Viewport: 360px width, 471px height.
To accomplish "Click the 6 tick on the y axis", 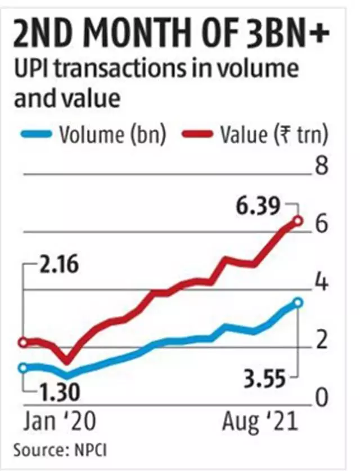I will tap(321, 225).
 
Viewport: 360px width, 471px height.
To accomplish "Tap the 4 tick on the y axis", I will tap(321, 283).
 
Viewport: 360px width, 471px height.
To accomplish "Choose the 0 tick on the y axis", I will tap(321, 397).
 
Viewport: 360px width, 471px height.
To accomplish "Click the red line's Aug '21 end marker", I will tap(298, 221).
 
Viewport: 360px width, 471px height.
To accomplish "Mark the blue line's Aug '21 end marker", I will tap(298, 303).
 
